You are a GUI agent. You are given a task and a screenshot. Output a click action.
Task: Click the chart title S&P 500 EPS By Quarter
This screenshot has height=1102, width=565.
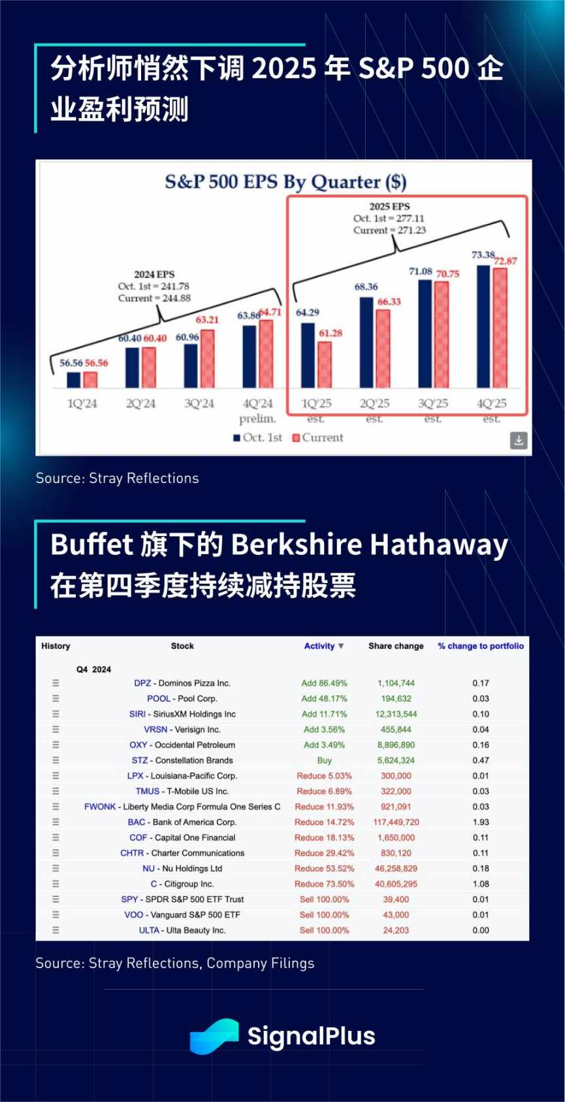[x=285, y=181]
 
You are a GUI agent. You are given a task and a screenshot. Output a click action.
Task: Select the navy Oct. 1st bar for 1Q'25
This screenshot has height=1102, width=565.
[x=308, y=355]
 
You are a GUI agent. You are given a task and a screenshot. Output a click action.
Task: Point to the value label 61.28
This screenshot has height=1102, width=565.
[x=331, y=333]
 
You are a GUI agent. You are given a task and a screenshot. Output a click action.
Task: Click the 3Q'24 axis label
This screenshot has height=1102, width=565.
[x=199, y=403]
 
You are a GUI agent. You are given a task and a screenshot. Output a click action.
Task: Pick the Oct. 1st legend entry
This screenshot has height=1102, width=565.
[x=258, y=437]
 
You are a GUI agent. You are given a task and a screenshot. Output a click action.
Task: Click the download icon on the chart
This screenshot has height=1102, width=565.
[x=519, y=440]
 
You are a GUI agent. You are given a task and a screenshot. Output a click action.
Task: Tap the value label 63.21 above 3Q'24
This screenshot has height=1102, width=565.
[x=207, y=320]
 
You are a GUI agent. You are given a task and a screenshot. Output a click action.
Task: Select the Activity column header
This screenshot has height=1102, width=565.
[x=319, y=646]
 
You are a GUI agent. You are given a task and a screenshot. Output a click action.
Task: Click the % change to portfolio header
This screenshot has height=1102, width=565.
[x=481, y=646]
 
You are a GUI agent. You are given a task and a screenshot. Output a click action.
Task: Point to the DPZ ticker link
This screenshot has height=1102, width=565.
[x=142, y=683]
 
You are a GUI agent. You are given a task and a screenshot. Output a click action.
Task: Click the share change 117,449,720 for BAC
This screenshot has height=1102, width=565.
[x=396, y=822]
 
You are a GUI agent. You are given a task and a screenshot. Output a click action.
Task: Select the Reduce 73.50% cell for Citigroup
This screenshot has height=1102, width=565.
[x=324, y=884]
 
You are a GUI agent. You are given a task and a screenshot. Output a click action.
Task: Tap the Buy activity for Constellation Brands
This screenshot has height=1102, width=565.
[x=324, y=761]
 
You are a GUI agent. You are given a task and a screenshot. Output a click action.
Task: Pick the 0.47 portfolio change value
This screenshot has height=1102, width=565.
[x=481, y=761]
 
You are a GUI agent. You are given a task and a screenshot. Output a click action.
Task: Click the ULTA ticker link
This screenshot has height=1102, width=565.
[x=149, y=930]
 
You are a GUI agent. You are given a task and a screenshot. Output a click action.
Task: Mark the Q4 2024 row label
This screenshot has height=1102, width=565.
[x=93, y=669]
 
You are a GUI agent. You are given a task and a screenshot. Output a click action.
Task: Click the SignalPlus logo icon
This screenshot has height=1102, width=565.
[x=214, y=1036]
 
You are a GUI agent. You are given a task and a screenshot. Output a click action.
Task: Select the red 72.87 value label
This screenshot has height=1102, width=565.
[x=506, y=261]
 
